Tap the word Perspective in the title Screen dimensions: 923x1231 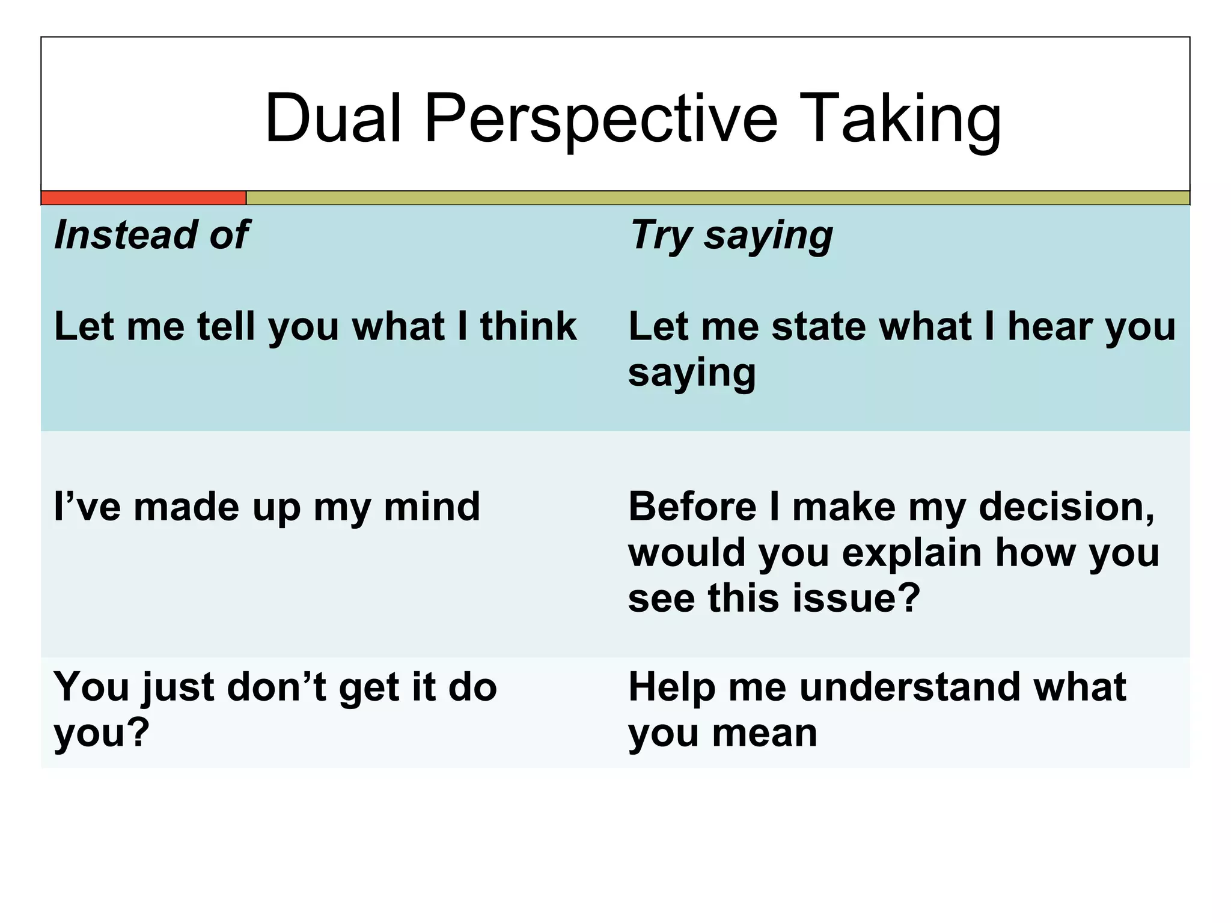tap(601, 119)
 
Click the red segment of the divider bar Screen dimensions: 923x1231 tap(143, 198)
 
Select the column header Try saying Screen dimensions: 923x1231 tap(731, 236)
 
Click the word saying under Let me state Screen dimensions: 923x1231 tap(692, 374)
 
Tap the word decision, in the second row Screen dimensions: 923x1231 tap(1067, 508)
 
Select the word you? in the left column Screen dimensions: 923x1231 tap(101, 734)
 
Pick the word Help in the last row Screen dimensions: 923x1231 tap(672, 688)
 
